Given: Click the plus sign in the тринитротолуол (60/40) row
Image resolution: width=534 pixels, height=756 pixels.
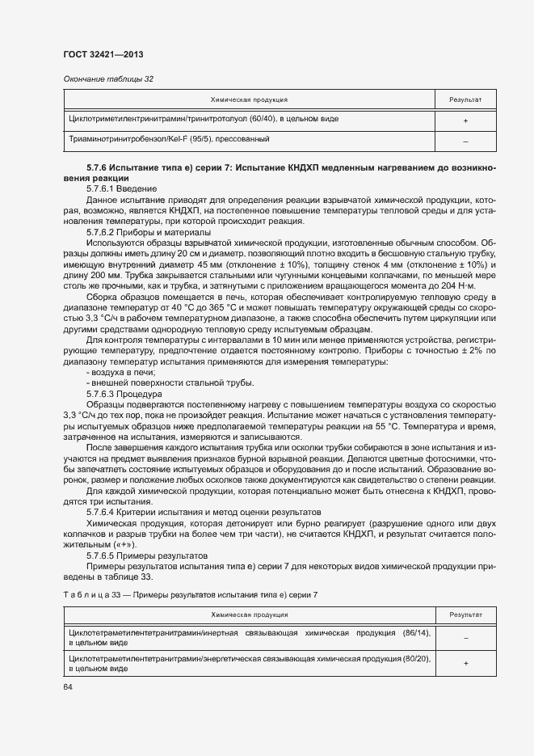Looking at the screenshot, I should (465, 120).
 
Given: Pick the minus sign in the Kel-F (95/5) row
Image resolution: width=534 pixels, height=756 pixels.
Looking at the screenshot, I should (465, 141).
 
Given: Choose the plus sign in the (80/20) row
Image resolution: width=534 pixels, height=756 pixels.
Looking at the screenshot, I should (465, 664).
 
